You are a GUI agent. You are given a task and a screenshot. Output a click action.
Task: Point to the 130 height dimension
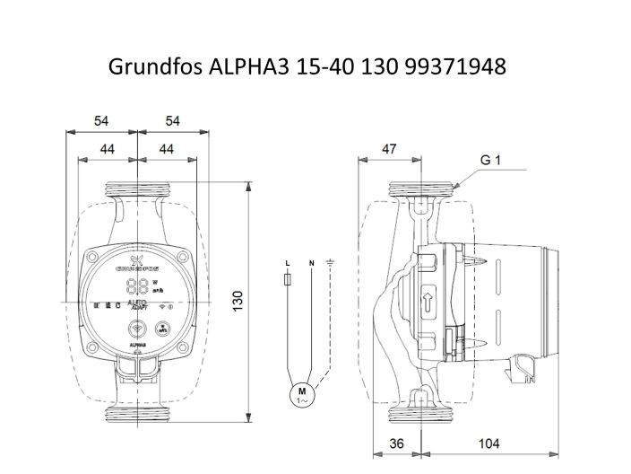click(x=239, y=302)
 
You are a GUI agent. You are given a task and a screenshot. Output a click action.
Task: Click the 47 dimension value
click(x=390, y=150)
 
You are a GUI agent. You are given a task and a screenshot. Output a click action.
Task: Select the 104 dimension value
click(x=488, y=443)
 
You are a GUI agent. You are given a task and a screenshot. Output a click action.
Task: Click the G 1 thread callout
click(x=489, y=162)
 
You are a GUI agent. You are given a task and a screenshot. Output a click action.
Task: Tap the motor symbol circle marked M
click(x=301, y=392)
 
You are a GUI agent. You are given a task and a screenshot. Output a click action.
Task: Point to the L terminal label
click(x=287, y=262)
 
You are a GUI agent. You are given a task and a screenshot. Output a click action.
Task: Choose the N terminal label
click(x=311, y=262)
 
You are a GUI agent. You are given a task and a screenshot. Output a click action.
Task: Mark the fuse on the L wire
click(x=287, y=281)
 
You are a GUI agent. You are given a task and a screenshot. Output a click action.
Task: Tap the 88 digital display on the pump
click(x=139, y=286)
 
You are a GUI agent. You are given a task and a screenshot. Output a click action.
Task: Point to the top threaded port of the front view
click(x=135, y=190)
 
